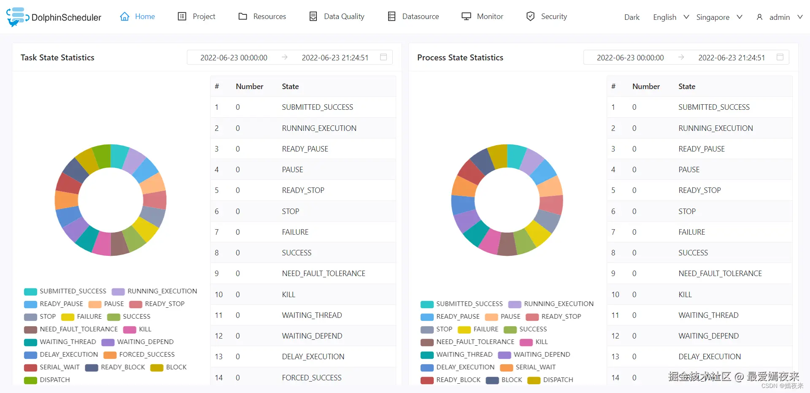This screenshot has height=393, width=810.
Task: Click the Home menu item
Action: pos(138,16)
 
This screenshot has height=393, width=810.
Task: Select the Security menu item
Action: pos(547,16)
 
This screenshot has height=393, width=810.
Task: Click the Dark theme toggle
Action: pos(632,17)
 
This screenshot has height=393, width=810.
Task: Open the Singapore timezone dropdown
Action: pos(719,17)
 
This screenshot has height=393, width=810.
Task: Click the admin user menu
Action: pos(779,17)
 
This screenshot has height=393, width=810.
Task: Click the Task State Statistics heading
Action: pos(57,57)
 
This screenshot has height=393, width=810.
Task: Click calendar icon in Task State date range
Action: pos(383,57)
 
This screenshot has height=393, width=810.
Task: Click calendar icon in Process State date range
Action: pos(780,57)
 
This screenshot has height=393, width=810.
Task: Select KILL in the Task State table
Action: pos(289,294)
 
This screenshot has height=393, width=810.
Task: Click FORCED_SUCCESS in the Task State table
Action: pos(311,377)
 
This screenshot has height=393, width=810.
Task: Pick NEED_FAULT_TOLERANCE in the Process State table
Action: pos(720,274)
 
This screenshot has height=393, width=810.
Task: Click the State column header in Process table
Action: pos(686,87)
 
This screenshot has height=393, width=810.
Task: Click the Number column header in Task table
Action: pos(249,87)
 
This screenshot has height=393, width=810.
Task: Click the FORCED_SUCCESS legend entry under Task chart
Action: pos(139,355)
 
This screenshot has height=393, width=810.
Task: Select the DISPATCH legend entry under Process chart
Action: pos(551,380)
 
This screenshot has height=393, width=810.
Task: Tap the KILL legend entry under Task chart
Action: pos(138,329)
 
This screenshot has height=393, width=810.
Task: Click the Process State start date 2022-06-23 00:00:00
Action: pos(630,58)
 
